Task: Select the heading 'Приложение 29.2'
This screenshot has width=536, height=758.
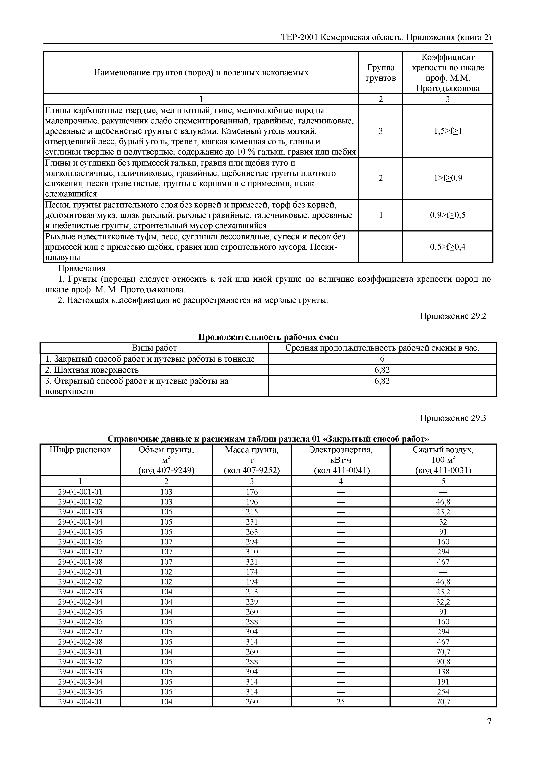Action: (453, 316)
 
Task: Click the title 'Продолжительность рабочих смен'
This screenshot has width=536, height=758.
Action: (268, 337)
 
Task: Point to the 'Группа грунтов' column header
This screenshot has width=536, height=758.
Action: (380, 73)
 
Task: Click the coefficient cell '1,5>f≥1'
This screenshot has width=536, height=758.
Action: (448, 131)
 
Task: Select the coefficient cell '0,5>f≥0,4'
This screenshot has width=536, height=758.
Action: (448, 247)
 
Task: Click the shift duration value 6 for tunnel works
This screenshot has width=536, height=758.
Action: (382, 359)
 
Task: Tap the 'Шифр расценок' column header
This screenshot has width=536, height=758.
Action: (80, 450)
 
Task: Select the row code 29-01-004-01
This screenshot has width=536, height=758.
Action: (80, 702)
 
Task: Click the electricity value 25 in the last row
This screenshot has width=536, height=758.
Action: (340, 702)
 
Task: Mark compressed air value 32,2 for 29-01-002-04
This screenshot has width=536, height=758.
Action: (443, 602)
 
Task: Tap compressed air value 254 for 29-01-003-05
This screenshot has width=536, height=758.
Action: (443, 692)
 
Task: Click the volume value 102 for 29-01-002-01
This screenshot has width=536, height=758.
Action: (166, 572)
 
